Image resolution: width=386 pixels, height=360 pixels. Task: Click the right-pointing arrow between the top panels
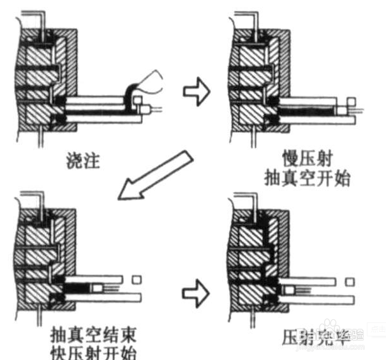pyautogui.click(x=197, y=91)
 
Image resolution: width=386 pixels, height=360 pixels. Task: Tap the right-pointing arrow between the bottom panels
pyautogui.click(x=197, y=293)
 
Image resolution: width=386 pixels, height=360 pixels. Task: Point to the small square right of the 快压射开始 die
pyautogui.click(x=136, y=280)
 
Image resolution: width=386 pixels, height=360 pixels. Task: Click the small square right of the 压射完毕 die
pyautogui.click(x=349, y=281)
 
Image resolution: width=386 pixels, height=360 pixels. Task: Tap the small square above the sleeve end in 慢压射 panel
pyautogui.click(x=349, y=103)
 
